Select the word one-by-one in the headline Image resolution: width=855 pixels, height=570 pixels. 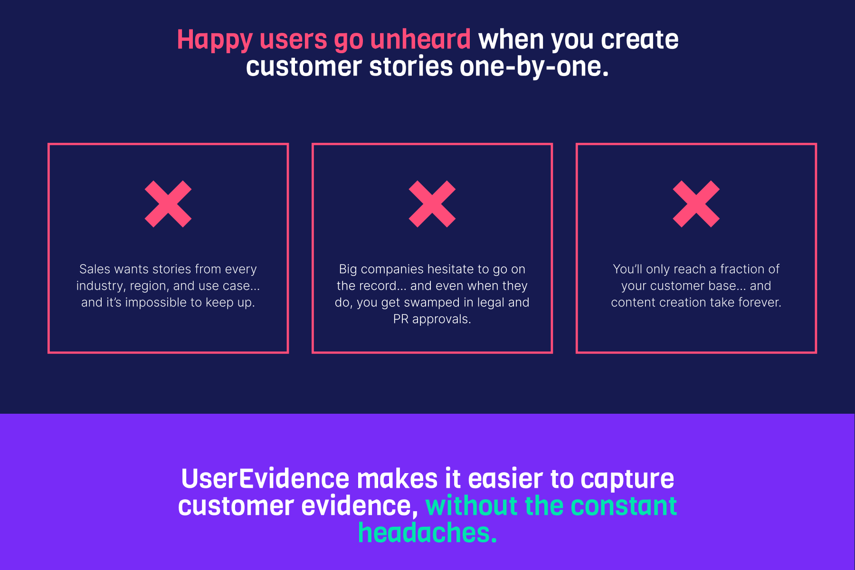[x=534, y=66]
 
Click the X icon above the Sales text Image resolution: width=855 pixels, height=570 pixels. [x=168, y=204]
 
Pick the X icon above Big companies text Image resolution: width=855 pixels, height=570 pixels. [x=432, y=204]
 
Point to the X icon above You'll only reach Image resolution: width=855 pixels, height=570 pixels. [x=696, y=204]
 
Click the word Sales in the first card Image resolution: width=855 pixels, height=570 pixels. [x=95, y=269]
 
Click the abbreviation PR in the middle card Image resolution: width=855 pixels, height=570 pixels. [x=401, y=319]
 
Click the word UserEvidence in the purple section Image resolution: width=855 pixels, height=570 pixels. [x=265, y=479]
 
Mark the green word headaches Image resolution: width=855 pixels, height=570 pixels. [x=427, y=533]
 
